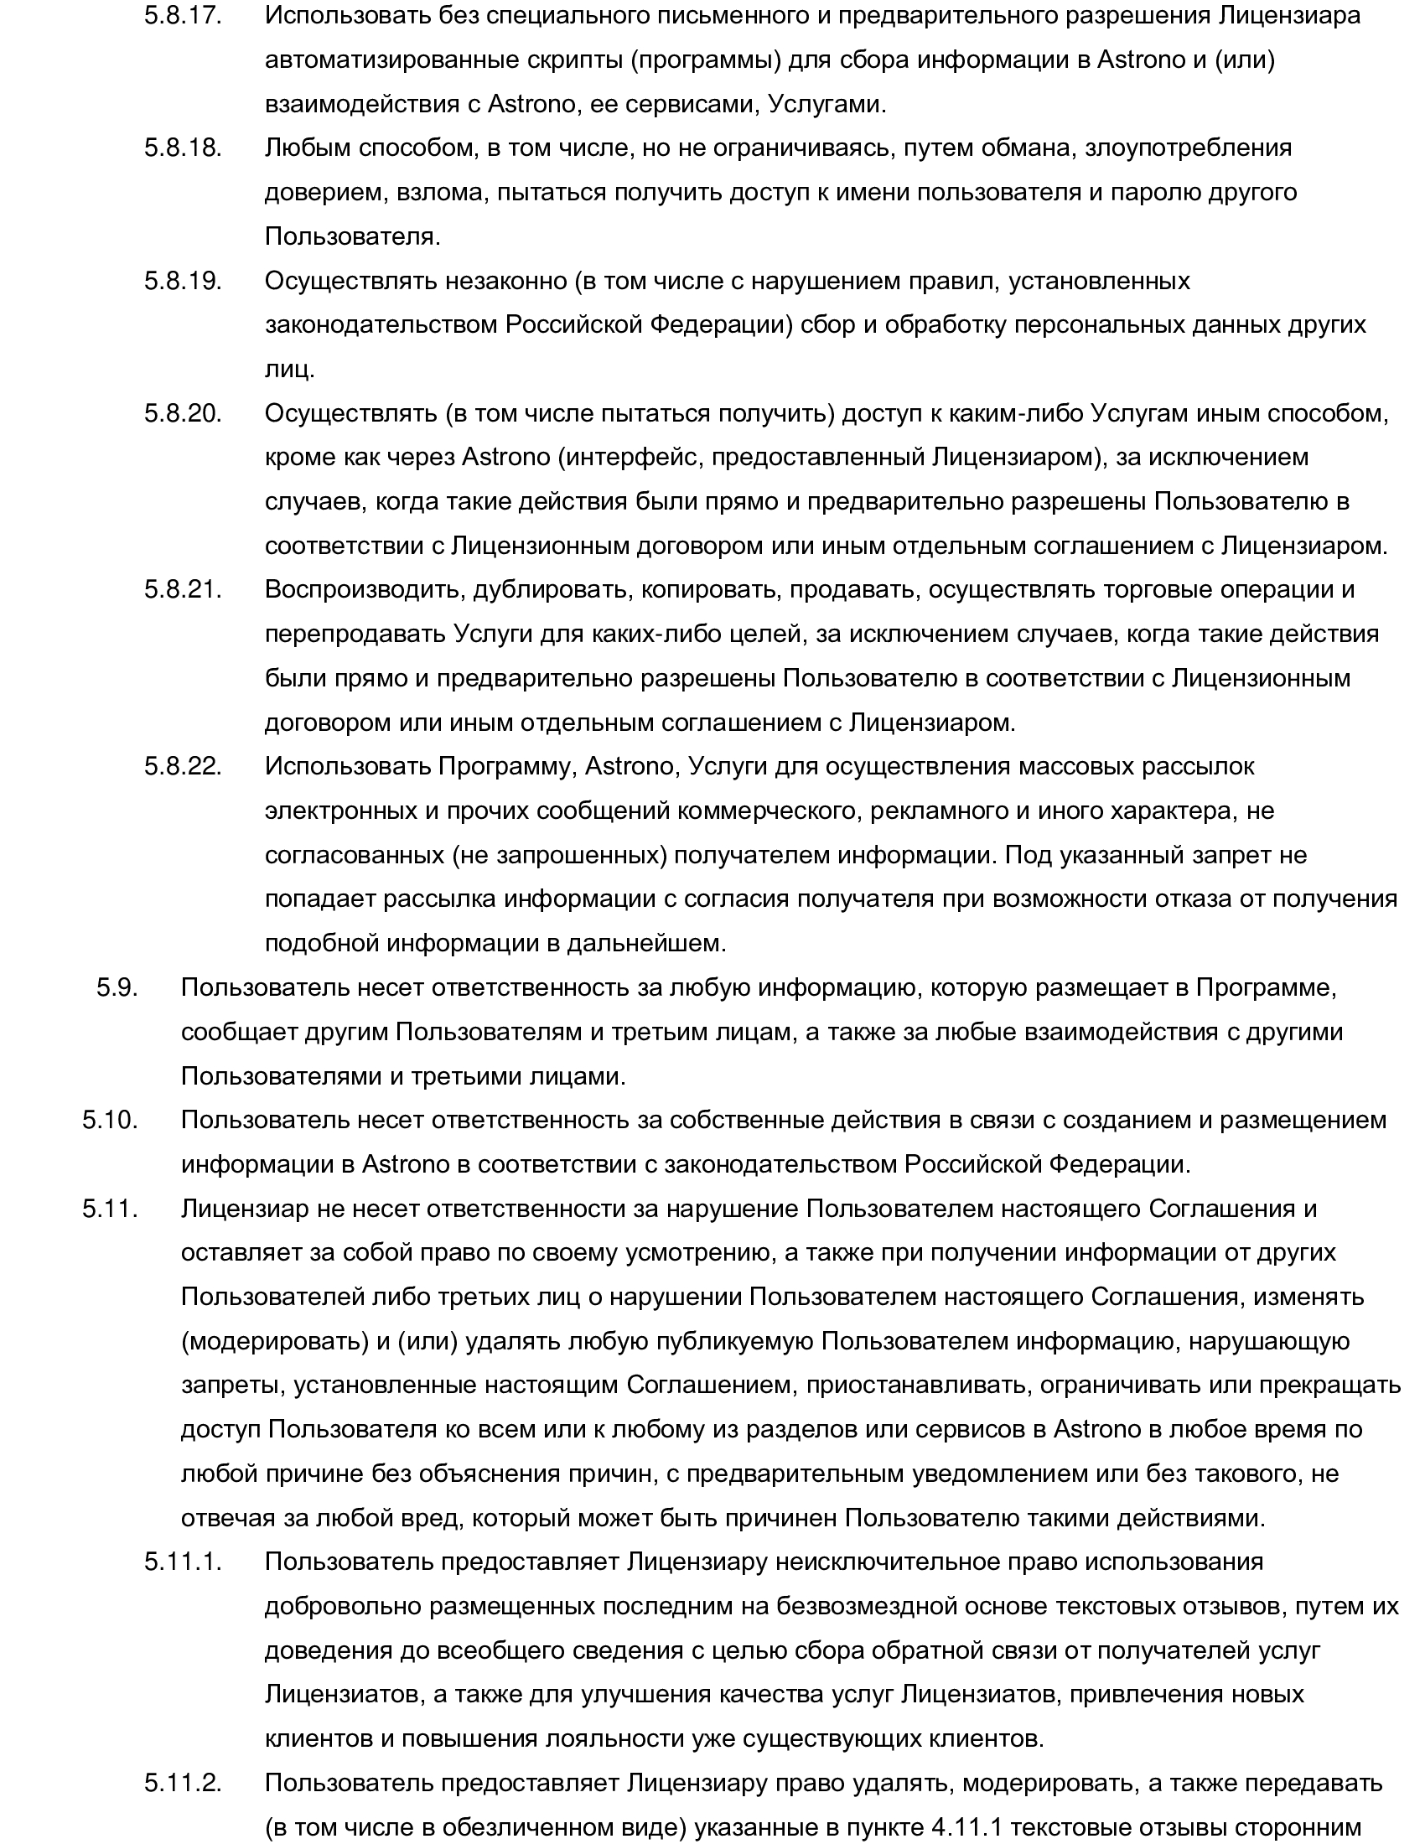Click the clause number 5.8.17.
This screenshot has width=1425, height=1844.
[x=183, y=16]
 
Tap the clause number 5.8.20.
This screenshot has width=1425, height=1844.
[x=183, y=413]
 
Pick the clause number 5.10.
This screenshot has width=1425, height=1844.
[x=110, y=1120]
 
